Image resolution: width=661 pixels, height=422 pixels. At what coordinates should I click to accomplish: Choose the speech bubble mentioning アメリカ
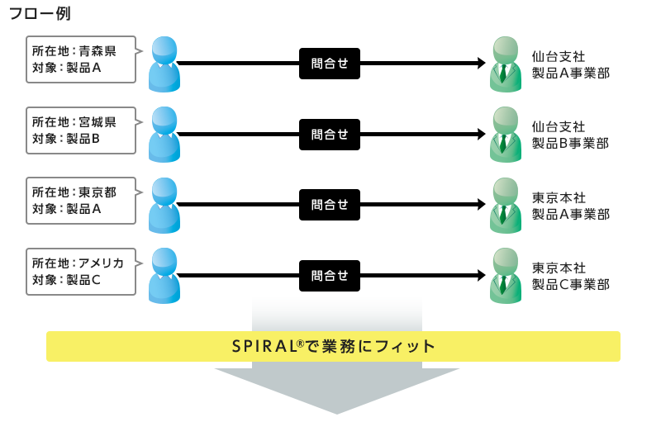click(x=80, y=271)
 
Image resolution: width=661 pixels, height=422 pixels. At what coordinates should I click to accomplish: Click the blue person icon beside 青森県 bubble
click(x=164, y=64)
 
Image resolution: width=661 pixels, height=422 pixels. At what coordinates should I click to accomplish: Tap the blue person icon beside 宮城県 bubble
click(x=164, y=135)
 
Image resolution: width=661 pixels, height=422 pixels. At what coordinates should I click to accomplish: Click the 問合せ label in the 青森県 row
click(x=330, y=64)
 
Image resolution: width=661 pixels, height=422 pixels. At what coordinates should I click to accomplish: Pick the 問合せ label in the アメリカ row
click(x=330, y=275)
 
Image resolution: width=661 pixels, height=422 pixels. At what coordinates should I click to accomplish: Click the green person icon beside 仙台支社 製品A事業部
click(x=502, y=64)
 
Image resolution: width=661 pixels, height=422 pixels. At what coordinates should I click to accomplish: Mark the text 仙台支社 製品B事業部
click(x=570, y=135)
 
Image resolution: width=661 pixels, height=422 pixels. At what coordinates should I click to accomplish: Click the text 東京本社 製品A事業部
click(x=570, y=206)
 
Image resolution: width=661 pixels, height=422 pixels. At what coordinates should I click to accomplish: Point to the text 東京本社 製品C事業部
click(x=570, y=276)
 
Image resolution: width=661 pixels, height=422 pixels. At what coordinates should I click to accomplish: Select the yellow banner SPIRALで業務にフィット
click(x=333, y=346)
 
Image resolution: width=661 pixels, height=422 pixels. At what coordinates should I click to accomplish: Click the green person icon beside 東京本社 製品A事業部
click(x=502, y=205)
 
